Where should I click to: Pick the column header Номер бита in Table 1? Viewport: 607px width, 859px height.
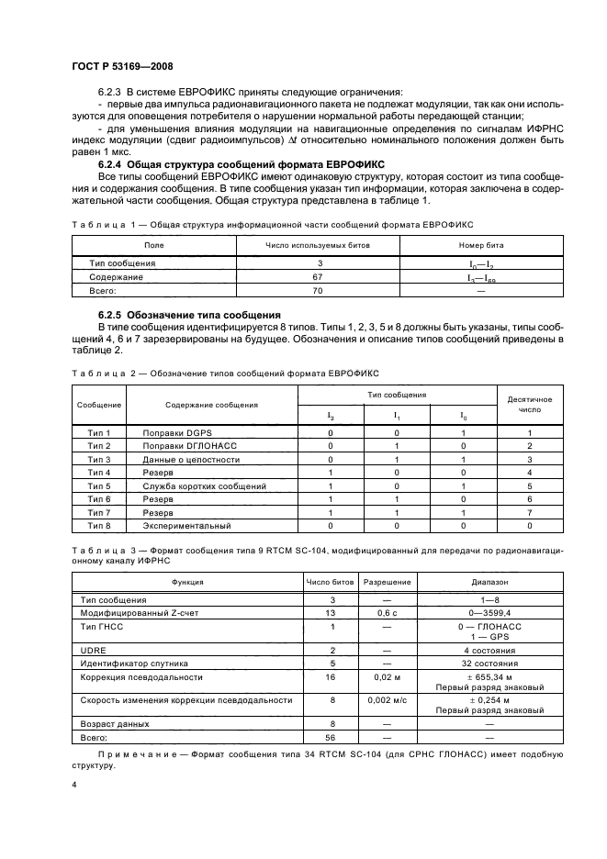pyautogui.click(x=481, y=245)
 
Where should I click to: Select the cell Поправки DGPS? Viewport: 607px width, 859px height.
pyautogui.click(x=174, y=432)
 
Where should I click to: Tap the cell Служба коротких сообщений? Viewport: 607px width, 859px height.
pyautogui.click(x=204, y=485)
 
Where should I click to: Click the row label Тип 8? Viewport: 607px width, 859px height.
pyautogui.click(x=99, y=526)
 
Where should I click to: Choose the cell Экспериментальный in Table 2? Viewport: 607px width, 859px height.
pyautogui.click(x=185, y=526)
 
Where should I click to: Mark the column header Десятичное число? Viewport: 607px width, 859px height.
pyautogui.click(x=530, y=405)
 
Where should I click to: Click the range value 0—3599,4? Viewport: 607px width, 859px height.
pyautogui.click(x=489, y=612)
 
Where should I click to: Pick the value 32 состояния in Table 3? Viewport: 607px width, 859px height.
pyautogui.click(x=489, y=663)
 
